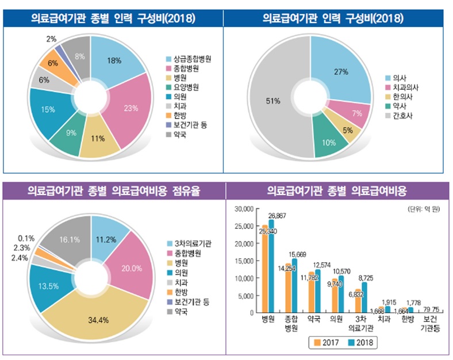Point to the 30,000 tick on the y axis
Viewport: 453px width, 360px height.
[246, 209]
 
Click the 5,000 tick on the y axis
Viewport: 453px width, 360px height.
[248, 296]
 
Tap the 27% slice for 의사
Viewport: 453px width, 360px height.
[340, 72]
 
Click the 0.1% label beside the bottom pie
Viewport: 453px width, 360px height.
[26, 238]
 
